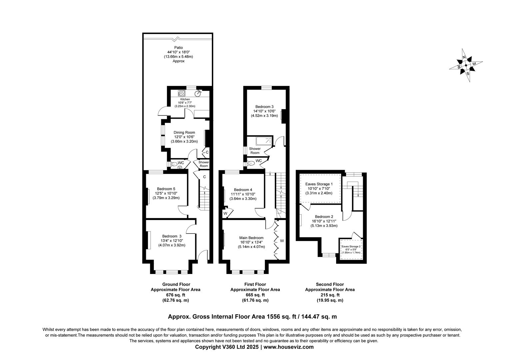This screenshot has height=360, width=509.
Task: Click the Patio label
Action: click(x=178, y=48)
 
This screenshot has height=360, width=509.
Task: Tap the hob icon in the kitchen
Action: click(x=182, y=93)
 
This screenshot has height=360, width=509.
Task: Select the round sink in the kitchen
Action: click(x=199, y=93)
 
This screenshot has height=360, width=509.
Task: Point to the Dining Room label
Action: click(x=184, y=132)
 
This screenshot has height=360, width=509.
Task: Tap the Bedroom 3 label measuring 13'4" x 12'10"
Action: click(x=172, y=236)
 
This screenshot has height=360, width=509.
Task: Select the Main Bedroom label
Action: click(x=251, y=238)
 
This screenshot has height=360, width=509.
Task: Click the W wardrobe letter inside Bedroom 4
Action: click(x=226, y=213)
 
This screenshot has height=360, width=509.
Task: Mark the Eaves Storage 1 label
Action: click(x=319, y=184)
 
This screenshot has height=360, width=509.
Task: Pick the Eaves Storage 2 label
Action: click(x=351, y=246)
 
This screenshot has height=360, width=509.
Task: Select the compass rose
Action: click(x=466, y=65)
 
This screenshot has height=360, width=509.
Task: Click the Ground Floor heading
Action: click(x=176, y=284)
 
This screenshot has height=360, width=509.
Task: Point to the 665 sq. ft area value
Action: click(x=255, y=295)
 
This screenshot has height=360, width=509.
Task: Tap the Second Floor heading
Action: click(x=330, y=284)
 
